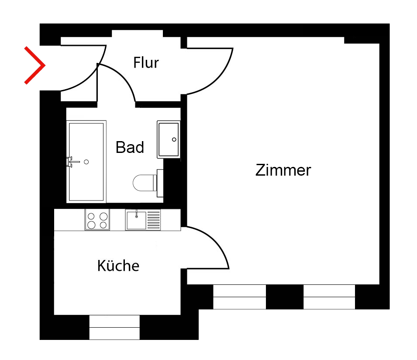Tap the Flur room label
pyautogui.click(x=146, y=63)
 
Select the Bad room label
pyautogui.click(x=130, y=148)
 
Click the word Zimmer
pyautogui.click(x=283, y=170)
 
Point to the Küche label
pyautogui.click(x=118, y=265)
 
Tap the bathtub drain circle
pyautogui.click(x=86, y=162)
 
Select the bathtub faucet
pyautogui.click(x=71, y=162)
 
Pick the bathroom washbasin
pyautogui.click(x=168, y=139)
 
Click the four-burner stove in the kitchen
pyautogui.click(x=97, y=220)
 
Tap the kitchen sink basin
pyautogui.click(x=136, y=220)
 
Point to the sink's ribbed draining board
pyautogui.click(x=154, y=220)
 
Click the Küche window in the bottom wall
pyautogui.click(x=114, y=327)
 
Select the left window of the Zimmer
pyautogui.click(x=239, y=297)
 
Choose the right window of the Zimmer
pyautogui.click(x=329, y=297)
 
